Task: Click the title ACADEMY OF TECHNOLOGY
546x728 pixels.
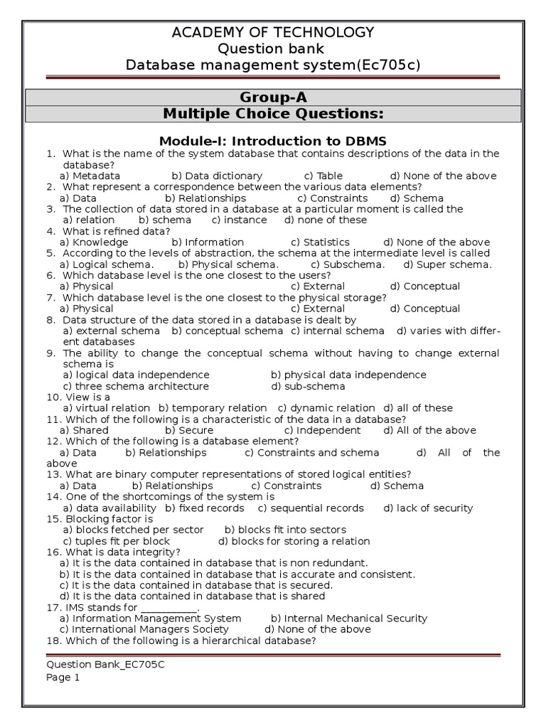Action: [x=273, y=32]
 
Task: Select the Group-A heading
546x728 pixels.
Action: [x=273, y=97]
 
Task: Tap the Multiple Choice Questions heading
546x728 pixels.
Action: [x=273, y=114]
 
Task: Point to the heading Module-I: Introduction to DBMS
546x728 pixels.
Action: [x=273, y=141]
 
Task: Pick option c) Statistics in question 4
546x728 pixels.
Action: [x=321, y=242]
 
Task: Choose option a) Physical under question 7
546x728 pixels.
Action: [x=87, y=309]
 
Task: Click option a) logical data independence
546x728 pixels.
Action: [x=136, y=375]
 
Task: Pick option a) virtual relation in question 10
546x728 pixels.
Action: [x=107, y=408]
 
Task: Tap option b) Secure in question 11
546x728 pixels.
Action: [x=189, y=430]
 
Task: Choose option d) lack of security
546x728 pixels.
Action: [x=428, y=508]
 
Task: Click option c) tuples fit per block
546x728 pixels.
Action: [x=117, y=541]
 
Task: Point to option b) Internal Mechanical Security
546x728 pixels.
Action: [x=349, y=619]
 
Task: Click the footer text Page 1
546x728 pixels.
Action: [x=63, y=678]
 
